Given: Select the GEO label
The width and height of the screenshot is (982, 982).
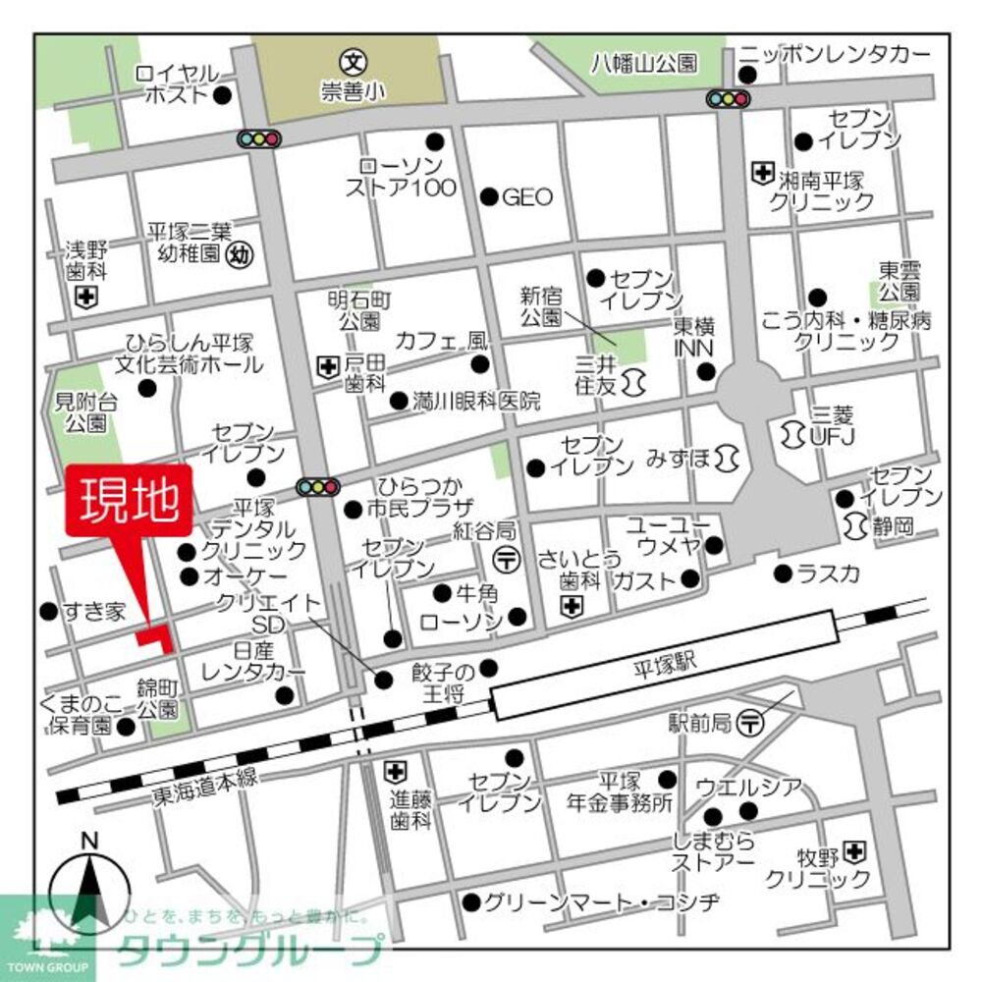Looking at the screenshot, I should coord(527,196).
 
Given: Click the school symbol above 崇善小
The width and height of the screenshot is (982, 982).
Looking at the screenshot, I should coord(355,61).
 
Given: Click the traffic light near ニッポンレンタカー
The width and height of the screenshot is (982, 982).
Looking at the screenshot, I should coord(727,98).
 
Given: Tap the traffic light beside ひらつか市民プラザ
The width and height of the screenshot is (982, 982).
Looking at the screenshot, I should coord(317,486).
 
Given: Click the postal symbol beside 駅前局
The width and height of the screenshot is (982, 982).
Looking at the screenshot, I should coord(750,723).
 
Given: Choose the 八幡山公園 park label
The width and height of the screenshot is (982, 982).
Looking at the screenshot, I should coord(644,63).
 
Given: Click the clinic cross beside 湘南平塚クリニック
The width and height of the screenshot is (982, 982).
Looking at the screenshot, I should coord(762,174).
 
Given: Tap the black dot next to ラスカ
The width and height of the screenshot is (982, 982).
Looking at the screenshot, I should coord(782,573).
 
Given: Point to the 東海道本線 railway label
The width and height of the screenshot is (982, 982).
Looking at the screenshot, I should coord(204,778).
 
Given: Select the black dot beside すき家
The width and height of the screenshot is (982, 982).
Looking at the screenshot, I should coord(47,612).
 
